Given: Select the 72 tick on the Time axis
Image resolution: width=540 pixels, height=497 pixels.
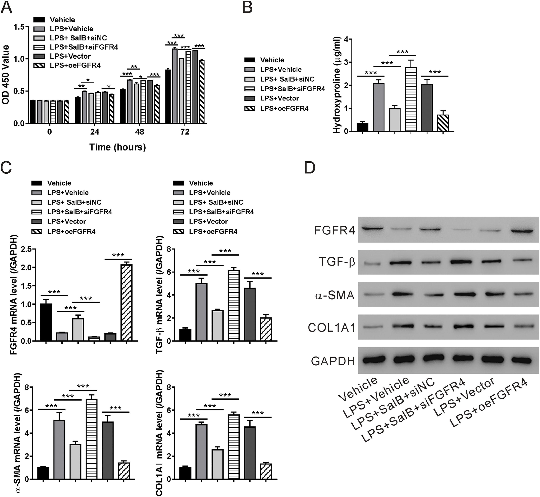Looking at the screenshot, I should [185, 132].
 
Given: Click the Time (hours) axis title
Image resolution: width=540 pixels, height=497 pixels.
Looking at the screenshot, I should [118, 147].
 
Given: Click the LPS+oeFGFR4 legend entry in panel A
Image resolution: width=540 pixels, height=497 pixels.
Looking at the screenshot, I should [75, 65].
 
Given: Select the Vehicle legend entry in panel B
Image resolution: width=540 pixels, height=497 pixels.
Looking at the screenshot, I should [272, 60].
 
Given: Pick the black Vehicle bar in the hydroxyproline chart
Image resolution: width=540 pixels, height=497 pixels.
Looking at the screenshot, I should [362, 127].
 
